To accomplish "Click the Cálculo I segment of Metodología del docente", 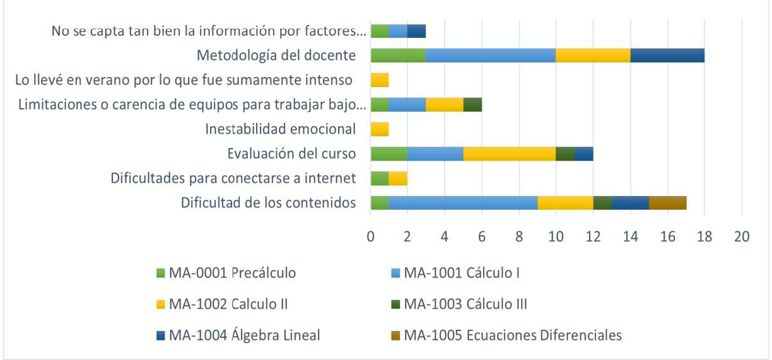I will pyautogui.click(x=491, y=55).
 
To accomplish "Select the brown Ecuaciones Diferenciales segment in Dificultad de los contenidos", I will pyautogui.click(x=667, y=202).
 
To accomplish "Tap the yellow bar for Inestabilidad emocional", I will pyautogui.click(x=380, y=129).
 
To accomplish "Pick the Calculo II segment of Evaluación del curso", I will pyautogui.click(x=509, y=153).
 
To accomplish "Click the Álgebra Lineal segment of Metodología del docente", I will pyautogui.click(x=667, y=55).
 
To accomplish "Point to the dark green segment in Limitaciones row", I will pyautogui.click(x=472, y=104).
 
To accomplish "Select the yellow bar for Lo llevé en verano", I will pyautogui.click(x=380, y=80).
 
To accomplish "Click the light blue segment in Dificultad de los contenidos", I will pyautogui.click(x=463, y=202).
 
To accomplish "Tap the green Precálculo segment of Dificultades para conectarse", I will pyautogui.click(x=380, y=178).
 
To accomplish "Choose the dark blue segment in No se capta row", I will pyautogui.click(x=416, y=31).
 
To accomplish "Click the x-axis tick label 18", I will pyautogui.click(x=705, y=237).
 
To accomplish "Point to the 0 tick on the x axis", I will pyautogui.click(x=371, y=237).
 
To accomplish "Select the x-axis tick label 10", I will pyautogui.click(x=556, y=237).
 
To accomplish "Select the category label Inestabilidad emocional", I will pyautogui.click(x=281, y=129).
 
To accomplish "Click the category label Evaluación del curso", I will pyautogui.click(x=291, y=154).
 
